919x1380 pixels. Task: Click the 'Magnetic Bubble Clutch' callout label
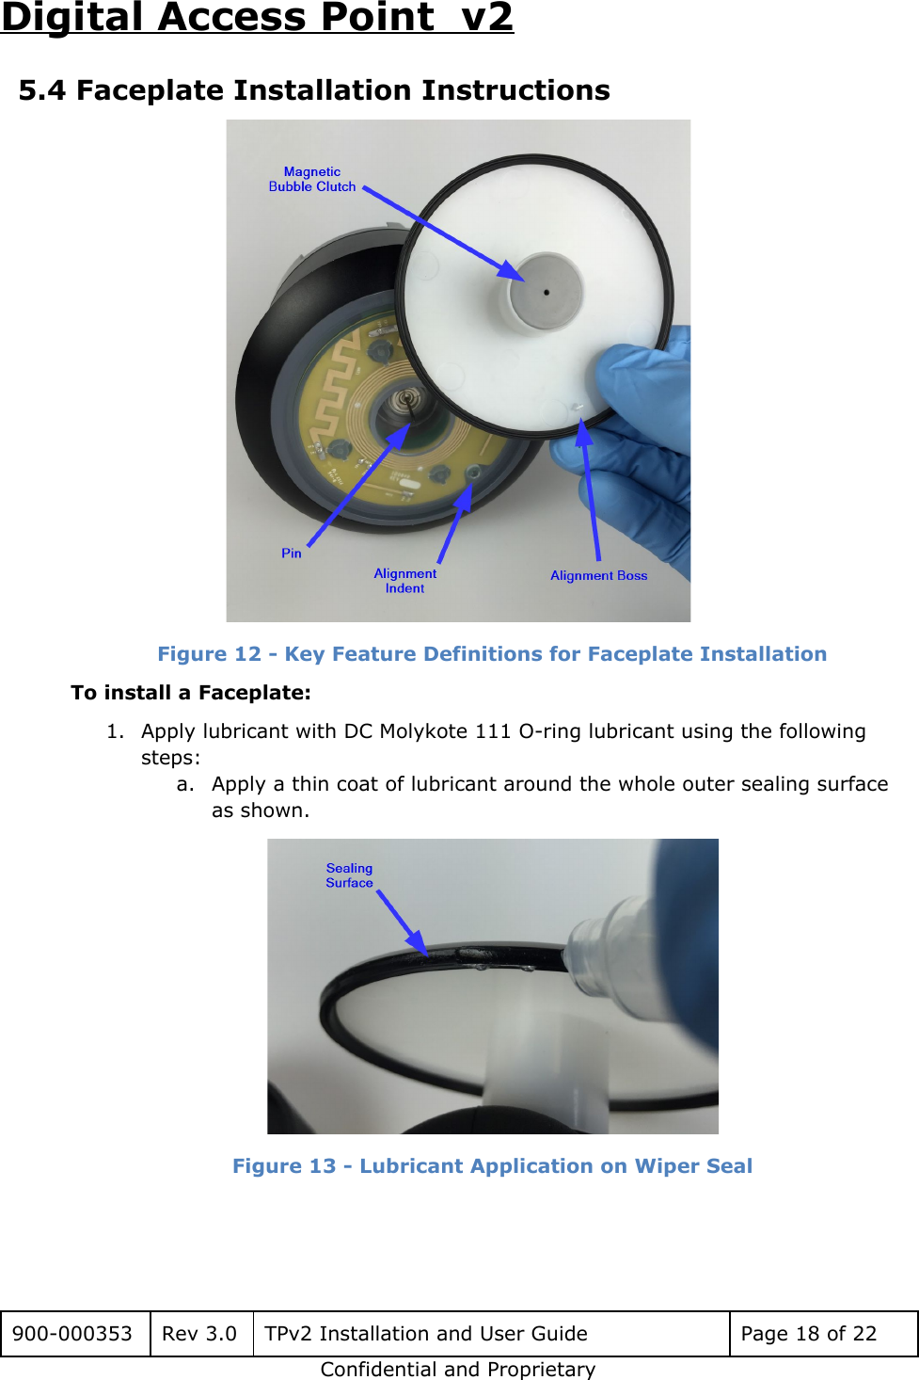pos(312,179)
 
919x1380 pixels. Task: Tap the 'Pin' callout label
pos(292,554)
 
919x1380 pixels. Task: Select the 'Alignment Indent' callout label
pos(405,581)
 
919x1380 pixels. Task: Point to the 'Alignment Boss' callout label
pos(599,575)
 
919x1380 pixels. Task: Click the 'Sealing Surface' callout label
pos(349,875)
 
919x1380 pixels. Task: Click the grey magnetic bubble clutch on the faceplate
pos(547,292)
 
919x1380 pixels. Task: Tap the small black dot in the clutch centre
pos(547,293)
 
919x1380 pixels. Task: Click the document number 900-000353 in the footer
pos(72,1334)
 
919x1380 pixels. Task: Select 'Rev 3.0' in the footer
pos(199,1334)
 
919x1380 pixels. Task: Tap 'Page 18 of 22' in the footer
pos(809,1334)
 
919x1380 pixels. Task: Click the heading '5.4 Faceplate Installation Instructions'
pos(314,90)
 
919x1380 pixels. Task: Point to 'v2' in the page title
pos(487,17)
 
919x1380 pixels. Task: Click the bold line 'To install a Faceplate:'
pos(191,693)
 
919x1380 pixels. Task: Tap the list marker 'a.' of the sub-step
pos(185,784)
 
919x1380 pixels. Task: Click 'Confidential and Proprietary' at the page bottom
pos(458,1370)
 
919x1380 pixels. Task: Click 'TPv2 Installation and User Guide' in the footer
pos(426,1334)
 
